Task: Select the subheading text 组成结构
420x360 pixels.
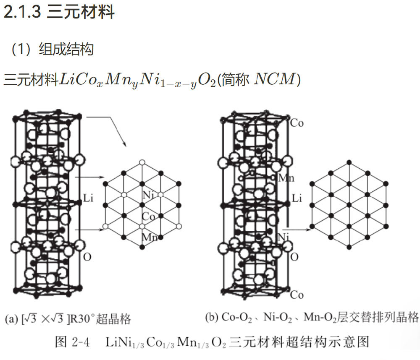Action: tap(66, 50)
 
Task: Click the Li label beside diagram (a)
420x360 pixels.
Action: tap(88, 197)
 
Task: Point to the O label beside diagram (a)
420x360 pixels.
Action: tap(87, 256)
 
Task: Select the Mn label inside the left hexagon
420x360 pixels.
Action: tap(150, 237)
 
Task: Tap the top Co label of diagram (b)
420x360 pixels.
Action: tap(297, 123)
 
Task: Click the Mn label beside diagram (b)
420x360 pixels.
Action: tap(287, 177)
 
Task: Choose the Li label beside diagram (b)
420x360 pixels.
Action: tap(297, 198)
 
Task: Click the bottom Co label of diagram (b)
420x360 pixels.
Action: tap(297, 295)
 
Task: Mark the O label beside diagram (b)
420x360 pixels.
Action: tap(295, 256)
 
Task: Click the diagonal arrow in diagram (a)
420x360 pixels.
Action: tap(109, 131)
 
